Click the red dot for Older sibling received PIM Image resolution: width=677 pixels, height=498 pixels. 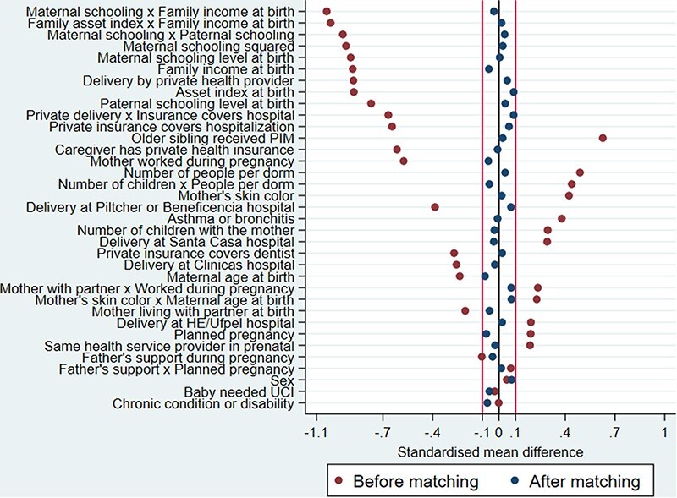point(603,138)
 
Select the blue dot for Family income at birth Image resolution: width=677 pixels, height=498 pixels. point(489,69)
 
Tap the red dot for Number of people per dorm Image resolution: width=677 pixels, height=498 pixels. point(580,172)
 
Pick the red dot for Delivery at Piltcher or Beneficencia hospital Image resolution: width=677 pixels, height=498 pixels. point(435,207)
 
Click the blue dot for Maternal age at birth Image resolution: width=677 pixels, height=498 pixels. point(485,276)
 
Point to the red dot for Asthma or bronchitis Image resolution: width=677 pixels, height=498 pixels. point(561,219)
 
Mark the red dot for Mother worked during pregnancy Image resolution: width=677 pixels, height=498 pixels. point(404,161)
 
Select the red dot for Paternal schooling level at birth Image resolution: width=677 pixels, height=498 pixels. point(371,103)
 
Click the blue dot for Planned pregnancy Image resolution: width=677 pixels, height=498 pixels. point(486,334)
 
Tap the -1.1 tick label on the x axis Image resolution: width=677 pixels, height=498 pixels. point(316,433)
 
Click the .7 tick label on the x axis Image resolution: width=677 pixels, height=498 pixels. point(614,433)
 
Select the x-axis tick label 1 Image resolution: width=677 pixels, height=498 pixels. point(664,433)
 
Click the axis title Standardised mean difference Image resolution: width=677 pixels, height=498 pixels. point(490,452)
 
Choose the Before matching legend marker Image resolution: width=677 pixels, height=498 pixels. point(339,481)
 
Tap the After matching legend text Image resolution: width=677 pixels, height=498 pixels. point(585,482)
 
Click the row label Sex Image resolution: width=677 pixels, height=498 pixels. point(283,381)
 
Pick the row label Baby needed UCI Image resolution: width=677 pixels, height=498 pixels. point(239,392)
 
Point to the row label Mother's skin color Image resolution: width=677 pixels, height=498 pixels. point(237,196)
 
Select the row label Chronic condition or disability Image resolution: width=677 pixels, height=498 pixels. point(203,404)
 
